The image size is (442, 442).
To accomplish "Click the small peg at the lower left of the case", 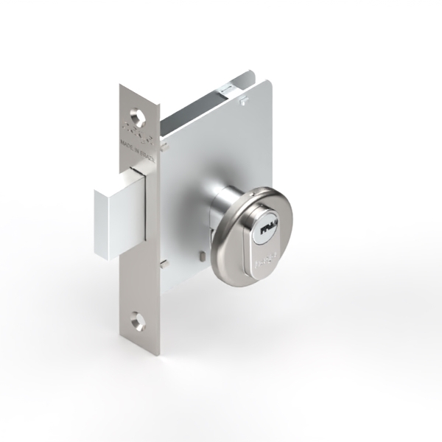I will pos(167,263).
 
